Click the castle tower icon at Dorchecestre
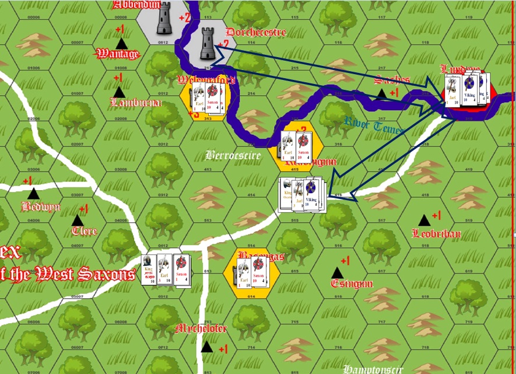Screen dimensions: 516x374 207,43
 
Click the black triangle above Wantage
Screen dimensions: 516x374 121,43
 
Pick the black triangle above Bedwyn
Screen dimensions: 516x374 33,193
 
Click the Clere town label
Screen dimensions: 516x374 84,231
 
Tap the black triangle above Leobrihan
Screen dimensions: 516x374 424,220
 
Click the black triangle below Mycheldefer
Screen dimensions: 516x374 206,347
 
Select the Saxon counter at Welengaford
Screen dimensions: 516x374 213,100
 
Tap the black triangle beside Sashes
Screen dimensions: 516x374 381,92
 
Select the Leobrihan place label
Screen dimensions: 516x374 436,234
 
